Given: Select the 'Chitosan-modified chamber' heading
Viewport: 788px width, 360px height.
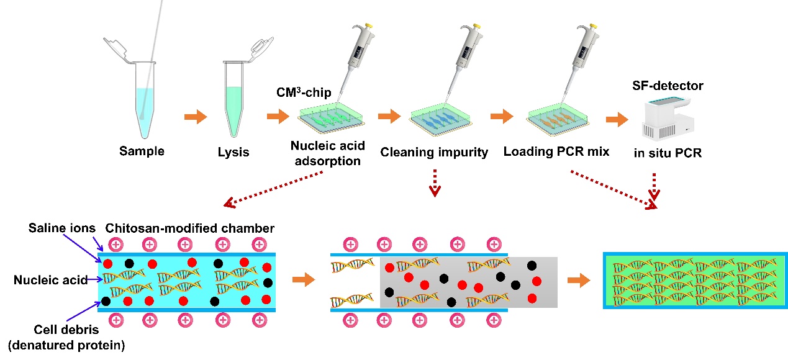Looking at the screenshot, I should tap(190, 228).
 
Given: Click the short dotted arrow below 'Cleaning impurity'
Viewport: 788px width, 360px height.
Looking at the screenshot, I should tap(433, 185).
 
